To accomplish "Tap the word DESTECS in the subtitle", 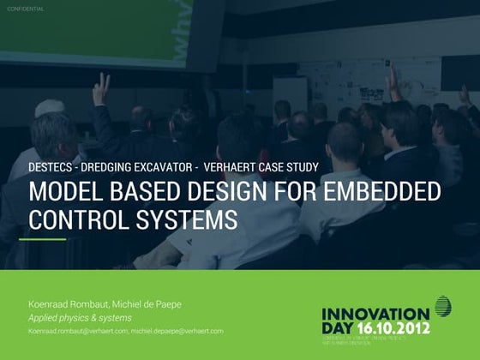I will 53,167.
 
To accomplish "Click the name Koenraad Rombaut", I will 66,305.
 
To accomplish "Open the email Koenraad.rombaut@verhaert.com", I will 78,331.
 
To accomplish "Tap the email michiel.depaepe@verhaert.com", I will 177,331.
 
